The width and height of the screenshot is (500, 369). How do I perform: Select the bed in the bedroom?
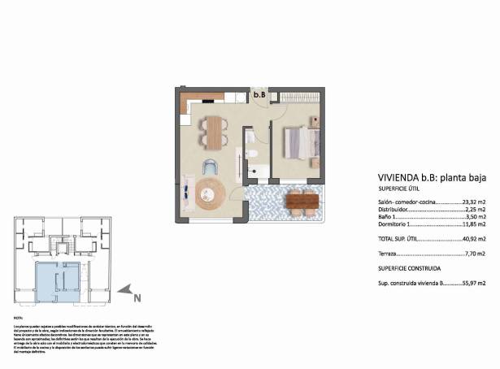coord(298,143)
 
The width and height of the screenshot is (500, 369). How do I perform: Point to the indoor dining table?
coord(214,132)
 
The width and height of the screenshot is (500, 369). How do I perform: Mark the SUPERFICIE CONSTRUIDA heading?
coord(409,267)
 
